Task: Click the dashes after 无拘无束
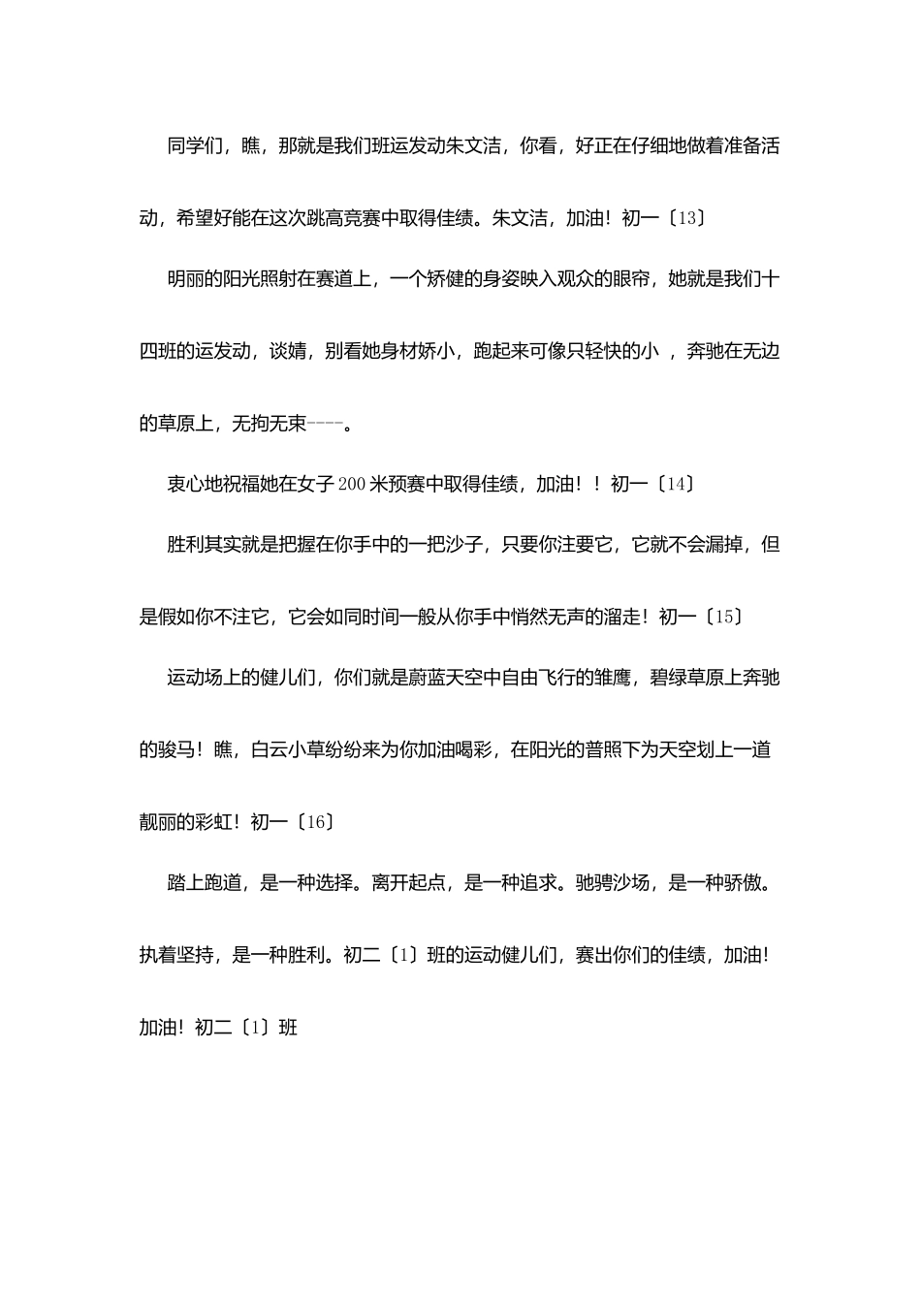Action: click(x=325, y=423)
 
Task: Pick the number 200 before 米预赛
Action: click(x=349, y=484)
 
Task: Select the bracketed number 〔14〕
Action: click(x=675, y=484)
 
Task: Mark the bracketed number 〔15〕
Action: click(x=722, y=617)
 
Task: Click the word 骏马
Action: click(x=176, y=749)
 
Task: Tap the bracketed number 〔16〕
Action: click(x=315, y=821)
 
